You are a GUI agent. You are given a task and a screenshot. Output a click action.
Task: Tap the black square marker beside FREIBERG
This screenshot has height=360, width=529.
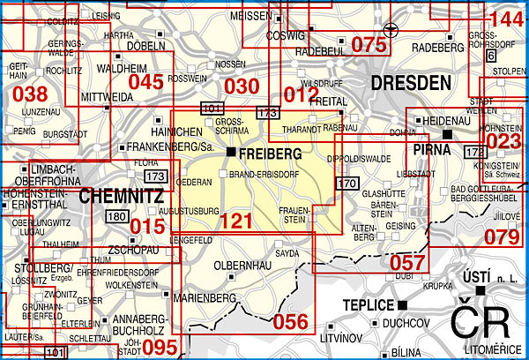230,153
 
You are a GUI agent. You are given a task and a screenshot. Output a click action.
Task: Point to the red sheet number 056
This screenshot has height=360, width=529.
290,322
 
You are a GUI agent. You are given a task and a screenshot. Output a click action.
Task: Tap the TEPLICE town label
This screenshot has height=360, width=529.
367,305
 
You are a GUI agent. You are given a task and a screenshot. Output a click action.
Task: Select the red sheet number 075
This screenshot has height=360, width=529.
369,44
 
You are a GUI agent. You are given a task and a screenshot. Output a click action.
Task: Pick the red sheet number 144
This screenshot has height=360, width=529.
505,19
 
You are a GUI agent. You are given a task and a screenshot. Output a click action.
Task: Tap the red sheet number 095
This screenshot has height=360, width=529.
160,347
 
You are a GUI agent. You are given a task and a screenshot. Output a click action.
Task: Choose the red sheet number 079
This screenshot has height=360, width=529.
503,236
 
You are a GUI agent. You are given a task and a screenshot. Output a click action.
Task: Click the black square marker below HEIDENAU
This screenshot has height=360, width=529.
447,133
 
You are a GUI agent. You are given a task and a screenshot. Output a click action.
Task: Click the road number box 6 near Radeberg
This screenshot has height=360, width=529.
489,56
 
